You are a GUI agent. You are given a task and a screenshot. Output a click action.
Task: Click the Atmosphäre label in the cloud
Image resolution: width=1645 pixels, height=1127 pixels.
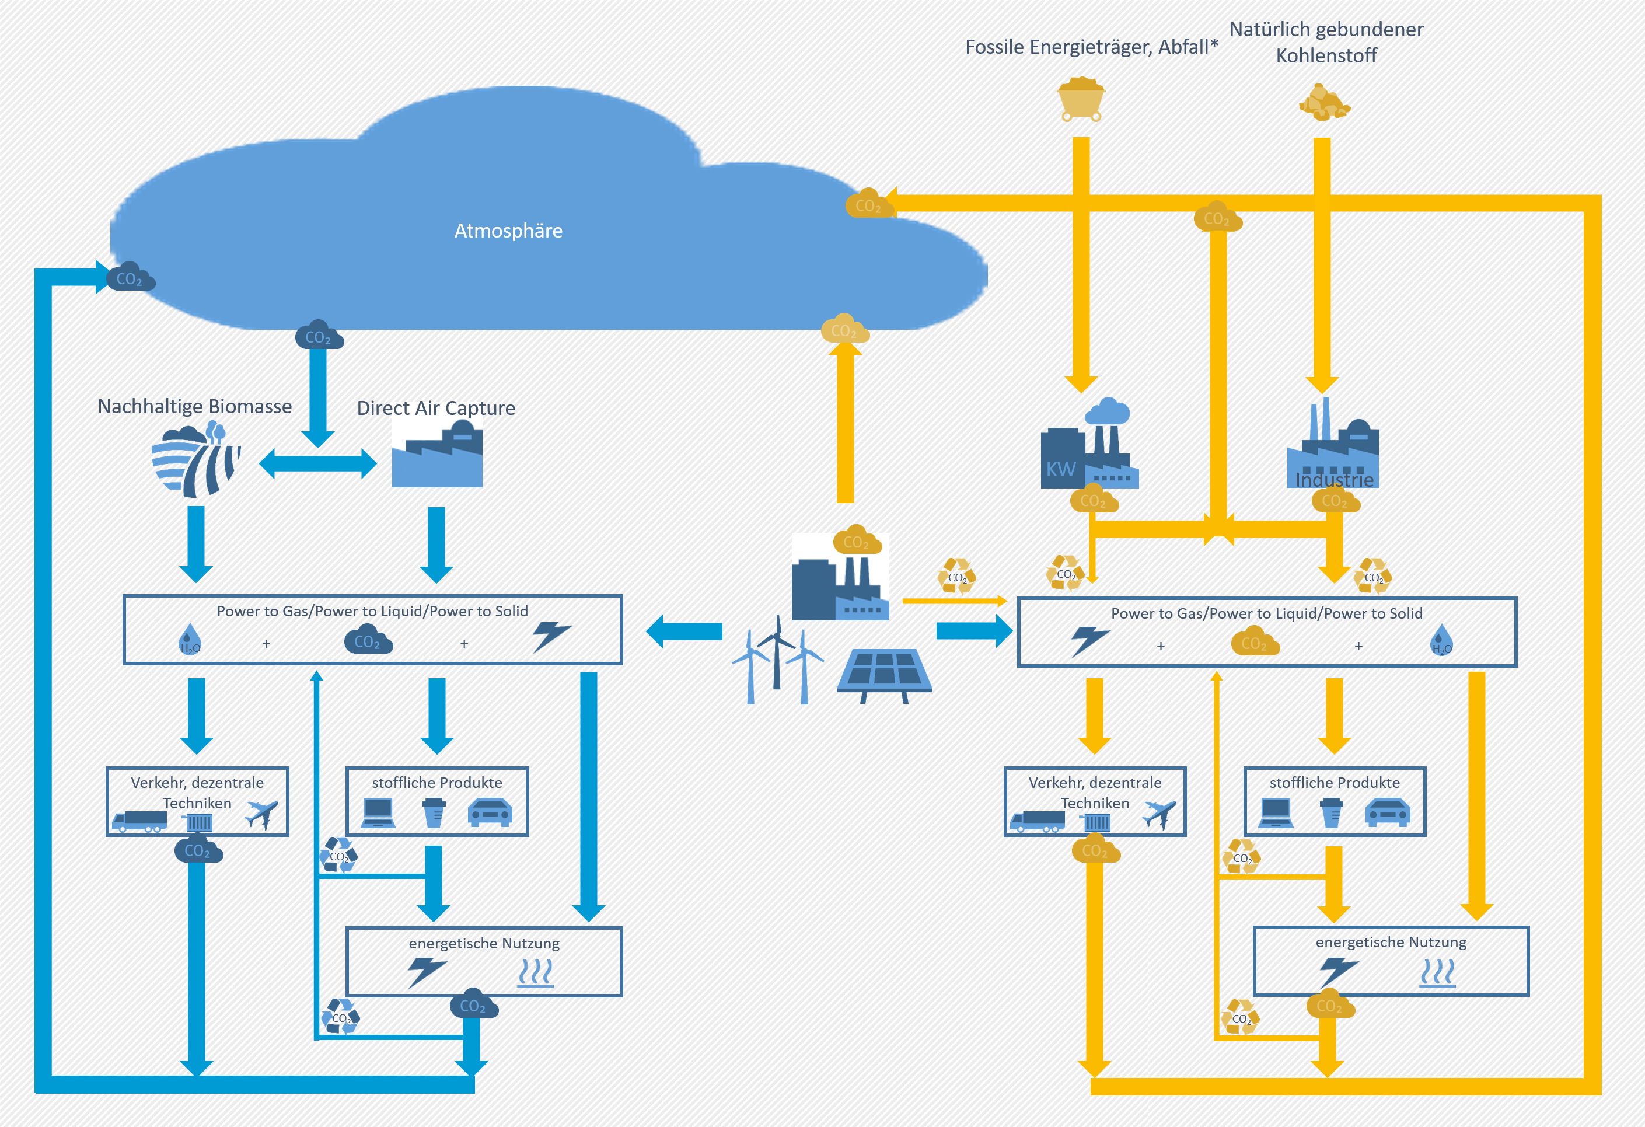tap(508, 231)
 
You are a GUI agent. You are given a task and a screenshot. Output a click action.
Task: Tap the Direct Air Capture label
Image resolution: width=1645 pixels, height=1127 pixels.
tap(435, 408)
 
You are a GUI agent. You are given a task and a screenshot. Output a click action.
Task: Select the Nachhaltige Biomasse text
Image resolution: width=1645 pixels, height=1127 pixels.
tap(195, 406)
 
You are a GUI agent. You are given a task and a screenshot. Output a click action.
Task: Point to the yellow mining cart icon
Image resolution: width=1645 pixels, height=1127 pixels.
tap(1080, 100)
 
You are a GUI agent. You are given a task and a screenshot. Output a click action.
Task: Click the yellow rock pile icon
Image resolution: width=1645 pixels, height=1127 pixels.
tap(1323, 103)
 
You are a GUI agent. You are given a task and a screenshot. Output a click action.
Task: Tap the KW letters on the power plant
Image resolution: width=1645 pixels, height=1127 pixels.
tap(1060, 469)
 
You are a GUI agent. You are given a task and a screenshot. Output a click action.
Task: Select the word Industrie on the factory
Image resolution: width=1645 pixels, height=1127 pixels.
tap(1333, 480)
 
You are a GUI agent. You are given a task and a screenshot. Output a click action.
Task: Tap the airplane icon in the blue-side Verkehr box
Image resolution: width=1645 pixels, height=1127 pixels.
tap(261, 814)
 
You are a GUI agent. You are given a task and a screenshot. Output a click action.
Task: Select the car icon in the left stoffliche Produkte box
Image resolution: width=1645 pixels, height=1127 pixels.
tap(490, 812)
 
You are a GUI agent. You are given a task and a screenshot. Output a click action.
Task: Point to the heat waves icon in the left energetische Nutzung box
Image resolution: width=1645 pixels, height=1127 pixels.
tap(535, 973)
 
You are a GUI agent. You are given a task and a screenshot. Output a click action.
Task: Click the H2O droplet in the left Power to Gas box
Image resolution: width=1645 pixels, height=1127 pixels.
tap(190, 639)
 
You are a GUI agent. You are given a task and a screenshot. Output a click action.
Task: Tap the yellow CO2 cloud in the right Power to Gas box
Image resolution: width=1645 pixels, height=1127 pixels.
tap(1255, 641)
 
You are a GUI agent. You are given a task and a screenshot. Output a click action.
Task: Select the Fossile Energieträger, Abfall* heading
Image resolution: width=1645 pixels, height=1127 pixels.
tap(1091, 47)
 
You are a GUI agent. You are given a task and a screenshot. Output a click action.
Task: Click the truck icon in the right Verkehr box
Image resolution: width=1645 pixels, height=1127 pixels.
tap(1037, 821)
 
